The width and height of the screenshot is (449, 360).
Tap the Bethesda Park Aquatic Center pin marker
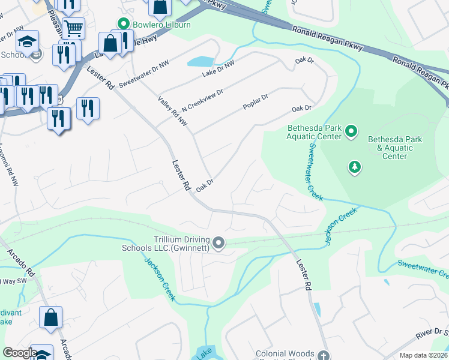(352, 131)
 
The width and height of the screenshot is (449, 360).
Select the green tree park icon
(355, 167)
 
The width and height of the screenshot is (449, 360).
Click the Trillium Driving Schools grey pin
(219, 243)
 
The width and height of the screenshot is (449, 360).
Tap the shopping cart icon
(73, 28)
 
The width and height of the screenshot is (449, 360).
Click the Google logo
(20, 353)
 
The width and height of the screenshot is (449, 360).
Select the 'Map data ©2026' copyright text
(423, 355)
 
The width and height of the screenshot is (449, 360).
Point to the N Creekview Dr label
(203, 100)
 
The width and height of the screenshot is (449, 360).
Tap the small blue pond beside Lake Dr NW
(200, 61)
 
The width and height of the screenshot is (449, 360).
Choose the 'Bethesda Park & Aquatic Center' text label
(394, 148)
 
